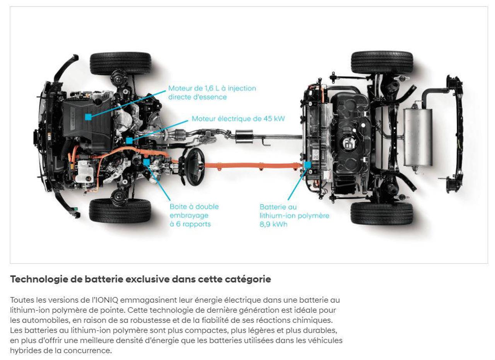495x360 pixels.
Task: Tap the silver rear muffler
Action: (418, 137)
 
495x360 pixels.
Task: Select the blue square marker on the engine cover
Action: (88, 117)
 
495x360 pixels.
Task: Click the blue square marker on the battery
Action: (307, 164)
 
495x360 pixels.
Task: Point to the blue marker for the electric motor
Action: (129, 140)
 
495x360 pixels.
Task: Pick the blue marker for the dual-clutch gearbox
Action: (146, 162)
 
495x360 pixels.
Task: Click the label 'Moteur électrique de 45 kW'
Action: (238, 119)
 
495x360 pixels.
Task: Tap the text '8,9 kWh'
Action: (273, 224)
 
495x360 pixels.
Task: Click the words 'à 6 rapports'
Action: (190, 224)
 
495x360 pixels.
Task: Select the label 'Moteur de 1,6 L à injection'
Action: (212, 89)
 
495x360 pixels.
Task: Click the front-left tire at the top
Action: (121, 64)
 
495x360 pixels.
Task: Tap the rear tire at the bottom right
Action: (382, 214)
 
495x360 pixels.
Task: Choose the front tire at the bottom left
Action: (120, 211)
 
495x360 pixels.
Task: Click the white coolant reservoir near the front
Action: (84, 171)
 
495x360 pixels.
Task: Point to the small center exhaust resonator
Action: (244, 136)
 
